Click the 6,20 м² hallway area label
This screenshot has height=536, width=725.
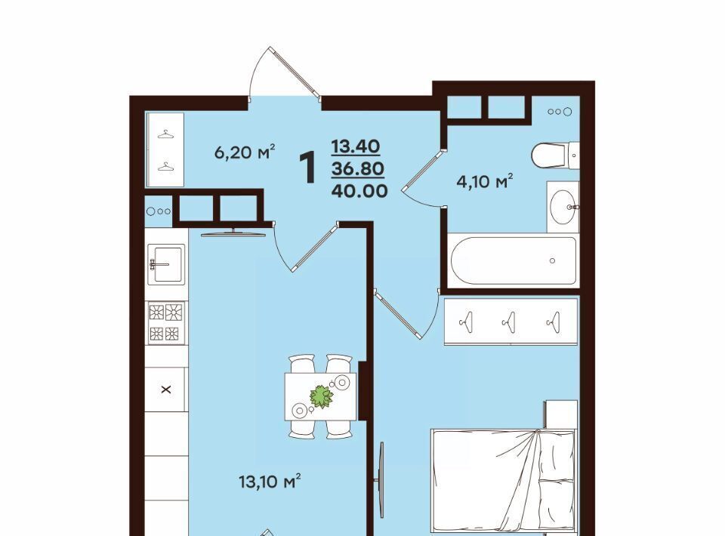pyautogui.click(x=245, y=152)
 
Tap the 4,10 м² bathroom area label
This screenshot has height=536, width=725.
pyautogui.click(x=485, y=181)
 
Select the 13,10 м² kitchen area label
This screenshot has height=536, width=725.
pyautogui.click(x=270, y=482)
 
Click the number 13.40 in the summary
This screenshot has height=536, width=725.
pyautogui.click(x=356, y=146)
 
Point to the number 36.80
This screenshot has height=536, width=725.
pyautogui.click(x=357, y=168)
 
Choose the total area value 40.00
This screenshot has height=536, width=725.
pyautogui.click(x=359, y=190)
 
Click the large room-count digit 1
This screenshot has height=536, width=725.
pyautogui.click(x=308, y=168)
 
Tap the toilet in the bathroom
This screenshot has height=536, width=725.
pyautogui.click(x=555, y=156)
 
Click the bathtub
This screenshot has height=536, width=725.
pyautogui.click(x=514, y=260)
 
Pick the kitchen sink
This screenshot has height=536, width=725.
pyautogui.click(x=166, y=264)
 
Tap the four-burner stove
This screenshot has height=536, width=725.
pyautogui.click(x=166, y=322)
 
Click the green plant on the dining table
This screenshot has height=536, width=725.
pyautogui.click(x=321, y=397)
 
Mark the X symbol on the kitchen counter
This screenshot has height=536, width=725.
pyautogui.click(x=166, y=390)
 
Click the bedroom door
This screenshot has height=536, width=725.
pyautogui.click(x=407, y=313)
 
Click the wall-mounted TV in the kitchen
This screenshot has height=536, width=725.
pyautogui.click(x=233, y=233)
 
